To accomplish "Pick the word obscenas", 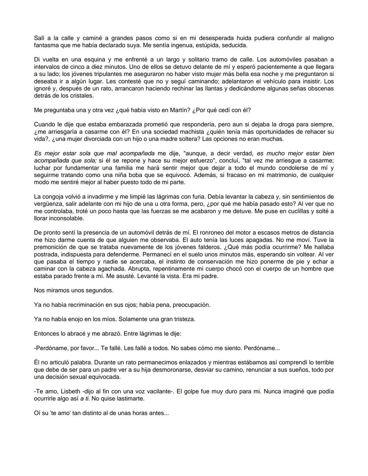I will coord(321,89).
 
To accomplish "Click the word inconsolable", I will coord(65,218).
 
